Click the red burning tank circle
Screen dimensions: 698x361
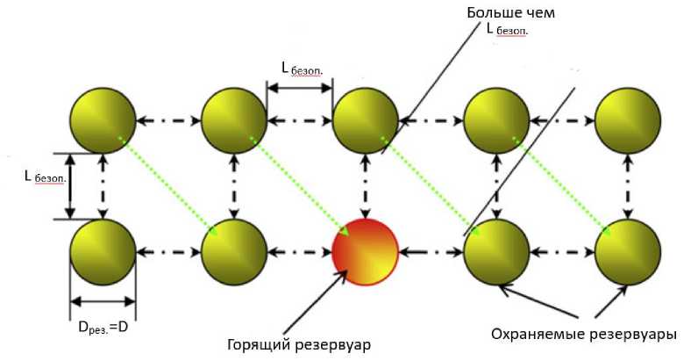point(365,252)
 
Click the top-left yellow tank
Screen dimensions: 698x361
point(103,119)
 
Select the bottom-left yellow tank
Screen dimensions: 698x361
point(103,251)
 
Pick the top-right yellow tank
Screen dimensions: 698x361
point(627,119)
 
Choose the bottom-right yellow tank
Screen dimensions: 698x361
point(627,251)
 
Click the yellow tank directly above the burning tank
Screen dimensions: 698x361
point(365,119)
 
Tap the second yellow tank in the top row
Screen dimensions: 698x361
point(234,119)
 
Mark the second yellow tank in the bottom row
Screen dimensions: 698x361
point(234,251)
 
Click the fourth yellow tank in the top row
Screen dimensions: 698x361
point(496,119)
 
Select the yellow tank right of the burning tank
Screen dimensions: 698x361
point(496,251)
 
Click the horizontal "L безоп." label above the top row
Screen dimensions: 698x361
point(298,69)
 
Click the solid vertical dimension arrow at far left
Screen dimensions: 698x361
point(70,185)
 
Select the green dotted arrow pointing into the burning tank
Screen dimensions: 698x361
point(298,185)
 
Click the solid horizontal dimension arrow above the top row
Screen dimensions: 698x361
point(299,87)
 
